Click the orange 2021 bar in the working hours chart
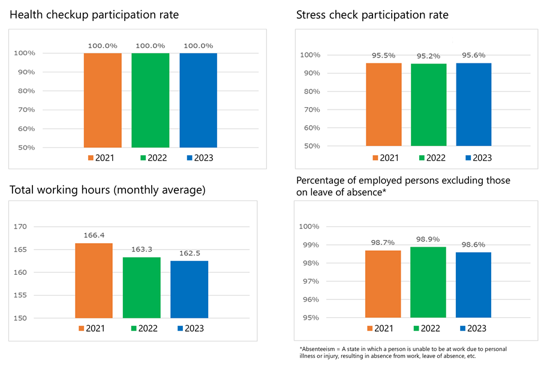click(94, 280)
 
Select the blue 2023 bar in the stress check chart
click(474, 105)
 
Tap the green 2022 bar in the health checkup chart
click(151, 100)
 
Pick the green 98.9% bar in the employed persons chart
click(428, 282)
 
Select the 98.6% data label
click(473, 245)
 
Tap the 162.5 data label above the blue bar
click(189, 253)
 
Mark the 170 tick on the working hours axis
click(20, 227)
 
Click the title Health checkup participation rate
click(94, 14)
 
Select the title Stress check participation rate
click(372, 14)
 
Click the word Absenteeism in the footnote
click(318, 348)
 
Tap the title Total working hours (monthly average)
click(108, 190)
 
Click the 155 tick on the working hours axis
click(20, 295)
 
